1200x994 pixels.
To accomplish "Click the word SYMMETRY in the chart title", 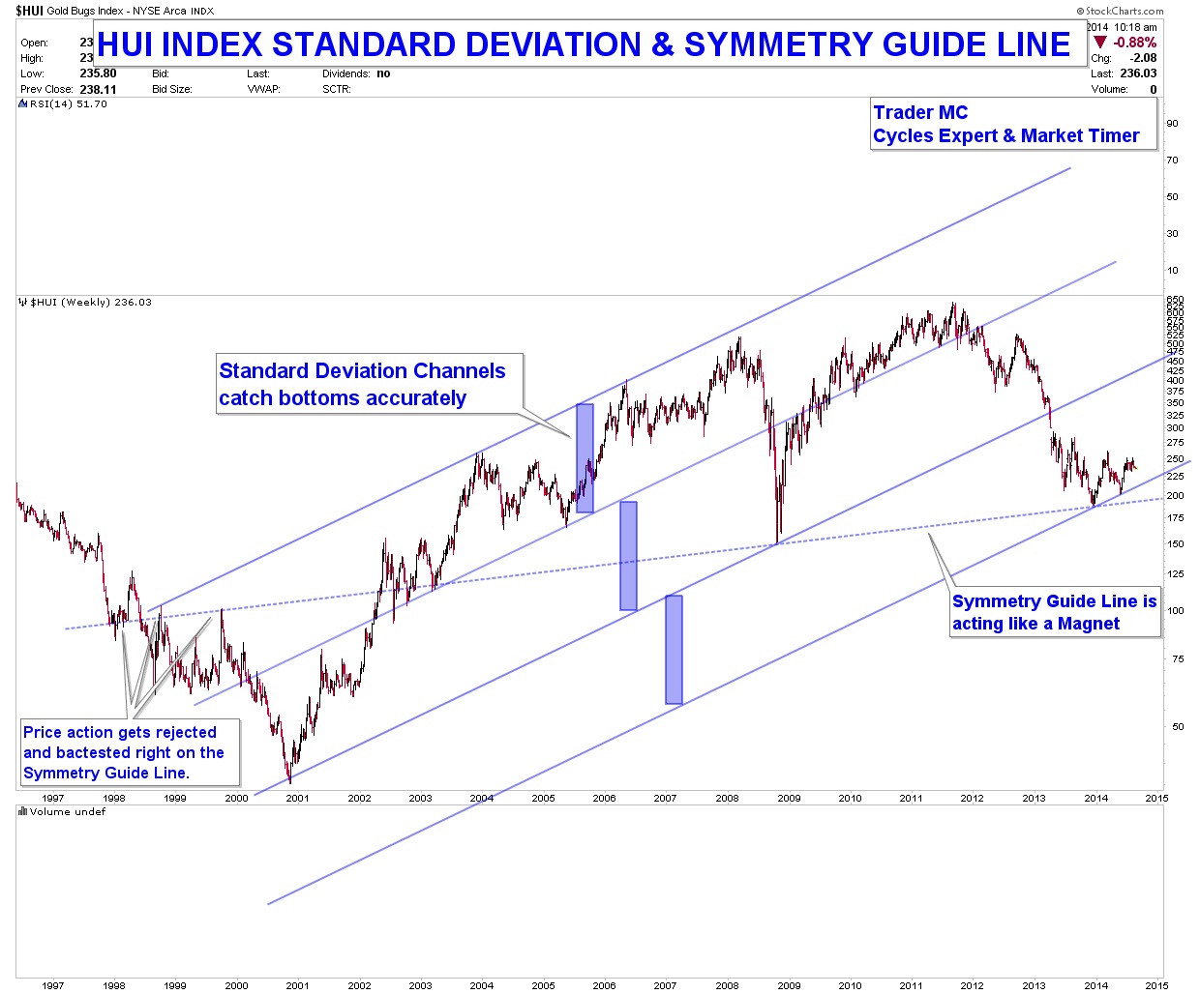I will pos(773,44).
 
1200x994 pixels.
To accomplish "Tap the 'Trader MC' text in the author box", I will pos(920,113).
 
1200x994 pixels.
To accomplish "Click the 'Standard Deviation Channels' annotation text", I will pos(362,371).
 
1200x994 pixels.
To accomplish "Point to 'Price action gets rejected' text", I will pos(120,733).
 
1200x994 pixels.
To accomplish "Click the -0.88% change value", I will pos(1134,43).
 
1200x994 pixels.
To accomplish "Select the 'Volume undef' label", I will pos(67,812).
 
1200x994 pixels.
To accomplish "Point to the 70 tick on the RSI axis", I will pos(1172,161).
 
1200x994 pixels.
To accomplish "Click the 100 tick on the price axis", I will pos(1175,610).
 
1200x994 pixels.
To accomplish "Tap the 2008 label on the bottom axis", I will pos(727,985).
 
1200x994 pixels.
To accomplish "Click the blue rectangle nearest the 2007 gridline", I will pos(674,650).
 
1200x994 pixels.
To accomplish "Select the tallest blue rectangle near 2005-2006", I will pos(585,458).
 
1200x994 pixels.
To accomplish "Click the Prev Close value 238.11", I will pos(97,89).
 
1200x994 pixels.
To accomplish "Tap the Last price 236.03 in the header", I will pos(1138,73).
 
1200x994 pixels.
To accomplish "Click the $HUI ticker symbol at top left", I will pos(28,11).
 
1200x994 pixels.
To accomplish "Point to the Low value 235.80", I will pos(97,73).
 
